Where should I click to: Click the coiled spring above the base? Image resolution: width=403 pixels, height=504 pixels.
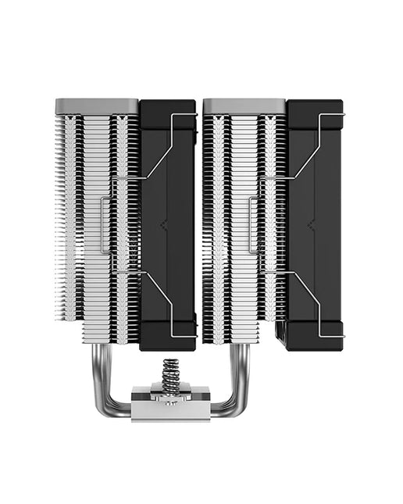170,377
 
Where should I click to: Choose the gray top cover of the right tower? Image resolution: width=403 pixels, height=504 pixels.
244,105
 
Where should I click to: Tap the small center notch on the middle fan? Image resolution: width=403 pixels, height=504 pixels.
163,226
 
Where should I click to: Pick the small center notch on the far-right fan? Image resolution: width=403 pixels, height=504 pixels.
311,226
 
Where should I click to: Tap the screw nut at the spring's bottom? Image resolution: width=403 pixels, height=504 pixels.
169,395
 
